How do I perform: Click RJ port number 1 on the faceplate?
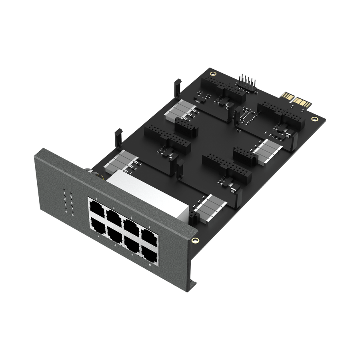[97, 208]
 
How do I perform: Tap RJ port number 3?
[114, 216]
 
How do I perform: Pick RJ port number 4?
[116, 234]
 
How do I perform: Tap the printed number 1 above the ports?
[96, 199]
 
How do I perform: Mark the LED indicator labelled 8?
[72, 215]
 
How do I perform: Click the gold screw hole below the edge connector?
[315, 119]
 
